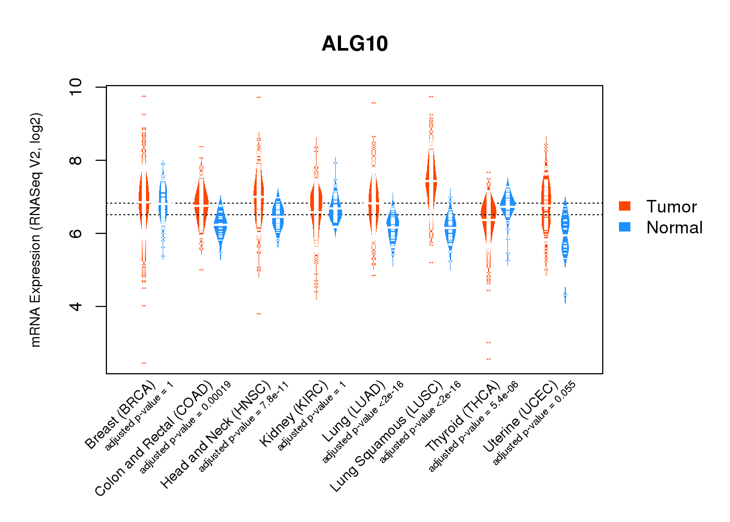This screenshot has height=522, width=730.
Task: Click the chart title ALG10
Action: point(355,44)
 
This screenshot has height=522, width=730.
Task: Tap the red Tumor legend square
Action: point(624,206)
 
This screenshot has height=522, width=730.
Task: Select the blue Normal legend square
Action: point(624,227)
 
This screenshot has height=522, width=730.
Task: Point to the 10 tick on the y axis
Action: point(76,87)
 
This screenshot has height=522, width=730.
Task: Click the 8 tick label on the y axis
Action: point(76,160)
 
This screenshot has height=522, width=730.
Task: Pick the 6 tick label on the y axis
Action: point(76,233)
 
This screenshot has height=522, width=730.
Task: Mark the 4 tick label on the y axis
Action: point(76,306)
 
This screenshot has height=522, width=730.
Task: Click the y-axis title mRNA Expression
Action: point(35,230)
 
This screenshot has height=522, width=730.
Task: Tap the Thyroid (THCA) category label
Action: point(463,417)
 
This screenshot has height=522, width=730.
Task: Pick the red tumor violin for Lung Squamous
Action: point(431,177)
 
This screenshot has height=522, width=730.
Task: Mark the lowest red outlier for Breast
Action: point(144,363)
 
